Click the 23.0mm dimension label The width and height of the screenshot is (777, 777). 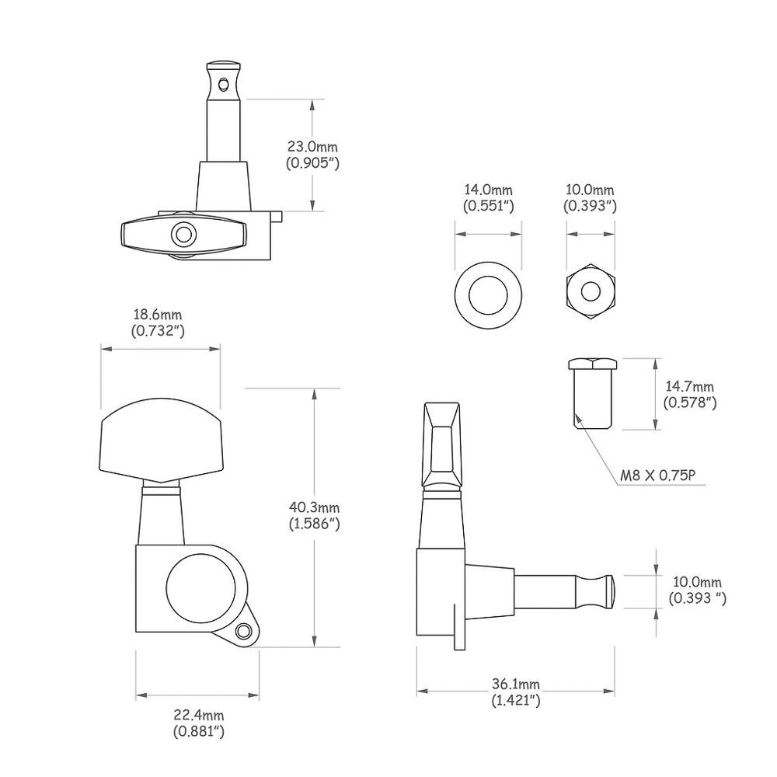pos(312,147)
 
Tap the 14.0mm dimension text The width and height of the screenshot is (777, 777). pos(488,190)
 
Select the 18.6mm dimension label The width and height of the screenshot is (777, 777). pos(158,315)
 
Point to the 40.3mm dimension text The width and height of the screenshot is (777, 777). pos(314,507)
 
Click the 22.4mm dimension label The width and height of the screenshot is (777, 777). pos(199,715)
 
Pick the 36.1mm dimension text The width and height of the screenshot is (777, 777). pos(516,685)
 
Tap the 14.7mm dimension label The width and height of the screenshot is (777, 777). pos(690,386)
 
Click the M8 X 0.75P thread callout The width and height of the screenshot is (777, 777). pos(658,476)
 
